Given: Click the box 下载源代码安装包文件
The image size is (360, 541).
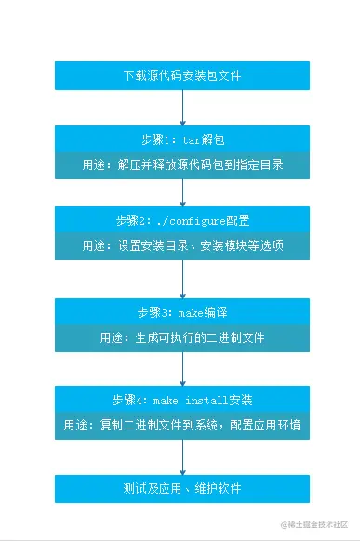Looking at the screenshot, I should click(x=182, y=75).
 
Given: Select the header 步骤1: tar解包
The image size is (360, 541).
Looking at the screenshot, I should click(x=182, y=139).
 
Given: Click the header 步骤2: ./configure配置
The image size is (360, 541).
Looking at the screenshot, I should click(x=182, y=220).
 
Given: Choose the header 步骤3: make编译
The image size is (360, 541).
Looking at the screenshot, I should click(x=182, y=311).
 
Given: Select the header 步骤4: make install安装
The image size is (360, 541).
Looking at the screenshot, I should click(x=182, y=401).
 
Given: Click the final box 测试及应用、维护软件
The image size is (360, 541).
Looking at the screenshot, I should click(x=182, y=488).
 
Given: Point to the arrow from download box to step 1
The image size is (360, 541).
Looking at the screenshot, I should click(x=182, y=108).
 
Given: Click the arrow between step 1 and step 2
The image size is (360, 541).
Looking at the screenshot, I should click(x=182, y=192).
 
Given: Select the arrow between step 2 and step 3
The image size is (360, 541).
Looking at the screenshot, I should click(x=182, y=279).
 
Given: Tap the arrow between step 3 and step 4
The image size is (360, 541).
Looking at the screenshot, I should click(x=182, y=368).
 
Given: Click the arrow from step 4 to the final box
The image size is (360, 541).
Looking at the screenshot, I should click(x=182, y=457).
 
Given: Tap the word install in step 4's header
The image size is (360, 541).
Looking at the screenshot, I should click(x=206, y=401).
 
